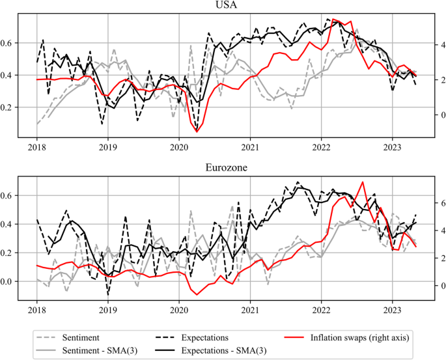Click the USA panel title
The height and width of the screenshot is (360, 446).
click(225, 6)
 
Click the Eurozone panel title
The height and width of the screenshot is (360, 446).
click(225, 167)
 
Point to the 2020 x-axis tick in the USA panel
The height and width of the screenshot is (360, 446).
click(179, 147)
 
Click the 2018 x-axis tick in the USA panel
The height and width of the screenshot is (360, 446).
click(36, 147)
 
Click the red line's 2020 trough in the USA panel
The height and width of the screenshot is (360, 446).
click(197, 132)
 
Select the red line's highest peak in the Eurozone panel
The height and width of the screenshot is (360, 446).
click(363, 182)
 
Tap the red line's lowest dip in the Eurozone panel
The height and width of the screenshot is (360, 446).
click(197, 295)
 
